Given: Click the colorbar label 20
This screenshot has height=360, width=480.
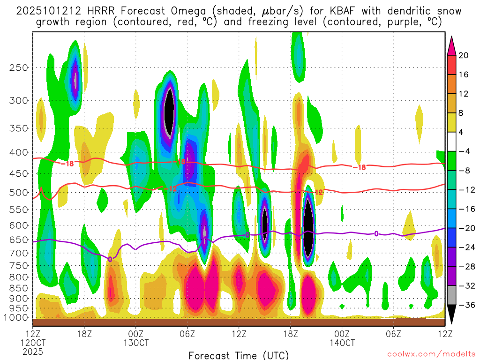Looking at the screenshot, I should [x=464, y=55].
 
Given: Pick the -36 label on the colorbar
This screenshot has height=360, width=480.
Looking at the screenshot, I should [x=463, y=305].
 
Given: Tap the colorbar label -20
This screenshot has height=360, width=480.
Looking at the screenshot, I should [x=463, y=228].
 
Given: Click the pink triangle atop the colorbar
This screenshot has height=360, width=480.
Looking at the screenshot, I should [x=452, y=45].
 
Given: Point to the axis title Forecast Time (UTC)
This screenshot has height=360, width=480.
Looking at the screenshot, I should [x=239, y=355].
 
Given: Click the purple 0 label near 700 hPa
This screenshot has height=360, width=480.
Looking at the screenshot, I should [x=110, y=259].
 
